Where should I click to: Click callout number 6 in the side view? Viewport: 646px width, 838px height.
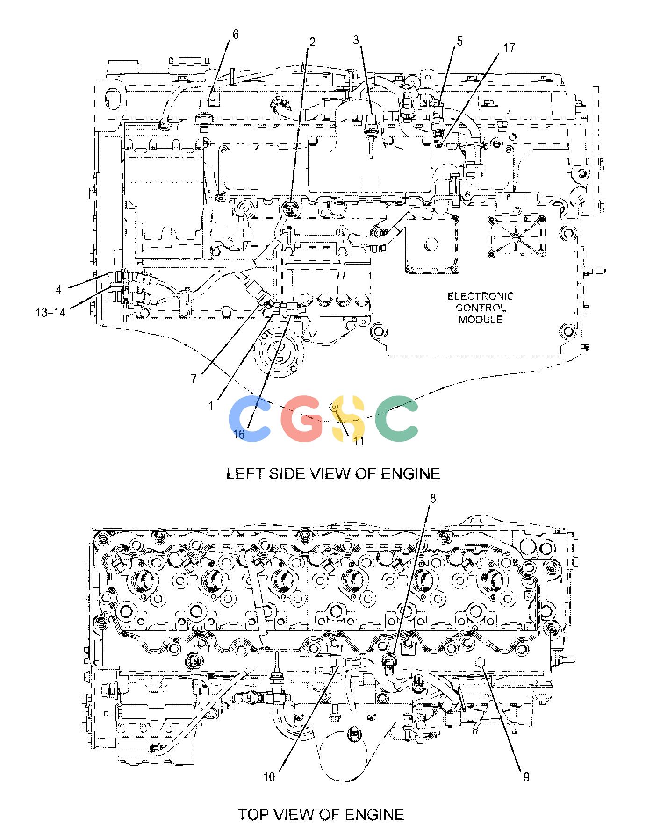point(235,35)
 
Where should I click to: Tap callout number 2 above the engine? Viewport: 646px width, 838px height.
point(312,43)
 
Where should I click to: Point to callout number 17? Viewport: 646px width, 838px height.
point(509,48)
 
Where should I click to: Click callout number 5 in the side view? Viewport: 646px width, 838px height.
point(459,42)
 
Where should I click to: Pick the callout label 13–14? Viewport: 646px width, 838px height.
point(50,312)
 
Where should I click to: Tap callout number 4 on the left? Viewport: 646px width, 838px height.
point(58,290)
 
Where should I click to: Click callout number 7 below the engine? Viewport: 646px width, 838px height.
point(194,378)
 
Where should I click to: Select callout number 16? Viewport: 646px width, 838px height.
point(239,434)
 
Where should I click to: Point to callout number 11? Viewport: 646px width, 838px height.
point(359,441)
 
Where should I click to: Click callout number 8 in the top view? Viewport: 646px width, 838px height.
point(433,499)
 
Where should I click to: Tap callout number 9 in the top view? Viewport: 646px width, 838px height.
point(526,777)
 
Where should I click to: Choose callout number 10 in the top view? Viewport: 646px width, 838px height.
point(269,777)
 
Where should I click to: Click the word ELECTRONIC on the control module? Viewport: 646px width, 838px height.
point(481,296)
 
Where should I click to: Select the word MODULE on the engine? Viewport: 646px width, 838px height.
point(481,320)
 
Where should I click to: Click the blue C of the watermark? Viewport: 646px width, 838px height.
point(250,419)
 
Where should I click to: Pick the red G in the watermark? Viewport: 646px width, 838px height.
point(302,419)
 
